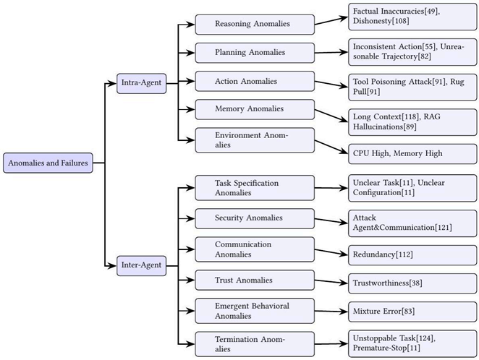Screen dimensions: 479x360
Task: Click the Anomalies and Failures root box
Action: coord(48,163)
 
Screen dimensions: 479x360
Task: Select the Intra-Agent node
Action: coord(141,83)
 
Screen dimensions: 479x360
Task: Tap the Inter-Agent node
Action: coord(141,266)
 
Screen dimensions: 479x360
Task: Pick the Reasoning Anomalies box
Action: coord(255,25)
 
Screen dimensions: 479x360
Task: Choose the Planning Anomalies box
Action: coord(255,53)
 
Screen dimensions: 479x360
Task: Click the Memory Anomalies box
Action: coord(255,109)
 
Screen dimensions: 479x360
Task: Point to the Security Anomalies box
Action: coord(255,218)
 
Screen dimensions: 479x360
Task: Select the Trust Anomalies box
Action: coord(255,280)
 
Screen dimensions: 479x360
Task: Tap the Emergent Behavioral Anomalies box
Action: coord(255,311)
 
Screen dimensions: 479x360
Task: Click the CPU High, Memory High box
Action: coord(412,153)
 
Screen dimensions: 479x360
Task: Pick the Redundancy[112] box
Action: coord(412,254)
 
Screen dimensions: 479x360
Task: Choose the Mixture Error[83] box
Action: coord(412,312)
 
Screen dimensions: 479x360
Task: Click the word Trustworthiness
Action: coord(381,283)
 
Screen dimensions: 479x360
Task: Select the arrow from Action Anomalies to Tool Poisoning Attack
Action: coord(331,84)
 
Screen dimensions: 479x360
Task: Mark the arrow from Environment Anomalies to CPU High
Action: coord(331,147)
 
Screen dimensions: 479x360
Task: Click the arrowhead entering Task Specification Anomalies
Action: coord(191,188)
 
